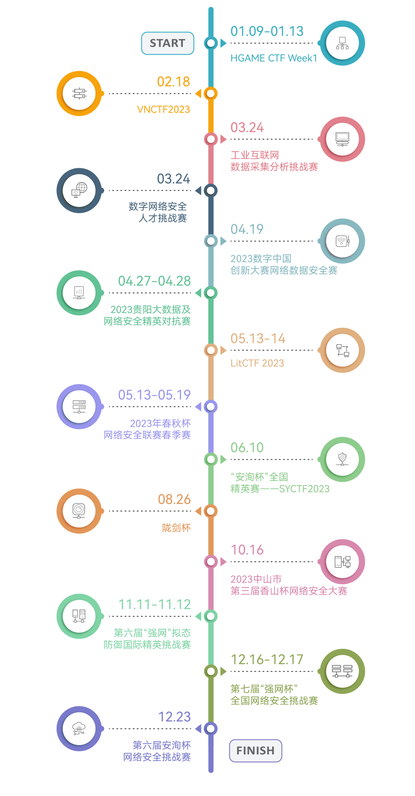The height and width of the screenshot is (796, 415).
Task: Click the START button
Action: tap(168, 43)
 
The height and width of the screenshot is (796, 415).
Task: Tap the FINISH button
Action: tap(256, 751)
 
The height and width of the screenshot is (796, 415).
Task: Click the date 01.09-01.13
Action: tap(267, 31)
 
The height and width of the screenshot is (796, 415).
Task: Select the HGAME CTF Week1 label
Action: tap(274, 58)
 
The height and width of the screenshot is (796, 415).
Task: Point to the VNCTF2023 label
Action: tap(163, 109)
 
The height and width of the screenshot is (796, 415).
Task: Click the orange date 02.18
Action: tap(173, 82)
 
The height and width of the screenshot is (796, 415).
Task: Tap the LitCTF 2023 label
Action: tap(257, 363)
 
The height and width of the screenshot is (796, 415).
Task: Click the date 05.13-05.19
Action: tap(154, 395)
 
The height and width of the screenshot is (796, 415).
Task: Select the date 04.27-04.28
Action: tap(154, 281)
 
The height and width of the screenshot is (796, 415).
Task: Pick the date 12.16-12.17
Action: tap(267, 660)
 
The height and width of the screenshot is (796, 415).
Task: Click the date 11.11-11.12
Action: tap(154, 605)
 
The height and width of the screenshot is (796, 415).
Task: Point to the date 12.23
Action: tap(174, 717)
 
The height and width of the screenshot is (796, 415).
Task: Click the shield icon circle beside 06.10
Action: tap(342, 459)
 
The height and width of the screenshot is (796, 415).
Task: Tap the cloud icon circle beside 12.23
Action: tap(79, 728)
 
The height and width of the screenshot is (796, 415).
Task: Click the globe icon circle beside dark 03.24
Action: tap(79, 190)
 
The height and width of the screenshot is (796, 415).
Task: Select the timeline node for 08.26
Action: tap(211, 511)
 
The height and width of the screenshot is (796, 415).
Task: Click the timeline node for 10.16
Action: tap(211, 561)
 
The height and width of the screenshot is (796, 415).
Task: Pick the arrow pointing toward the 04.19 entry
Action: tap(224, 241)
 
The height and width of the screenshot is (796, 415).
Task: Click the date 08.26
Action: tap(174, 499)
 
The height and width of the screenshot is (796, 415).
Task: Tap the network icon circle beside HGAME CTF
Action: tap(342, 43)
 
